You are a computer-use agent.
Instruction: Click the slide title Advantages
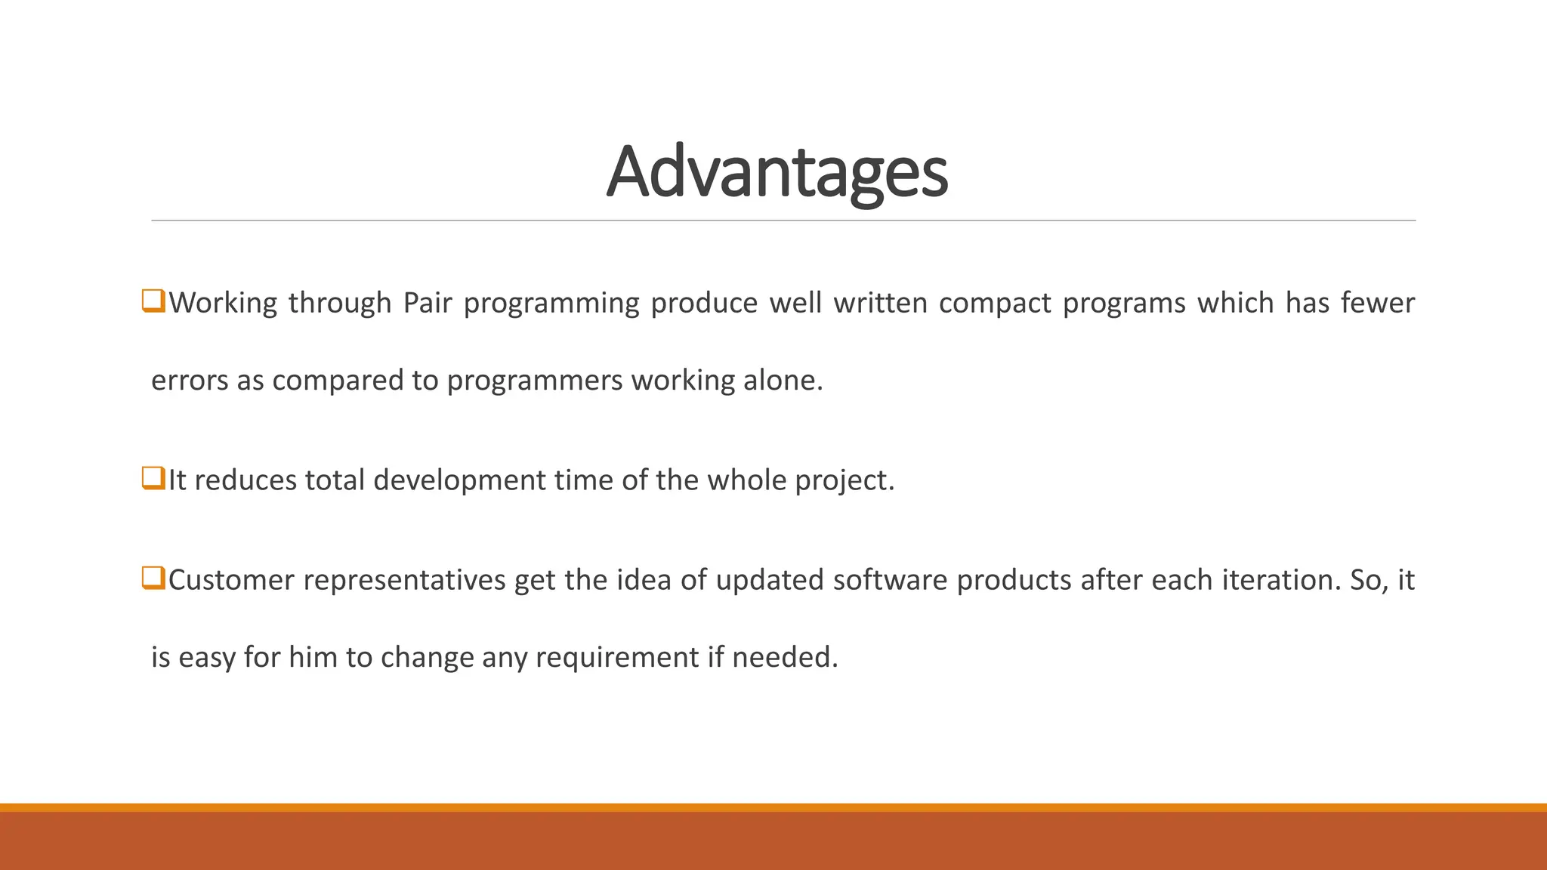coord(777,172)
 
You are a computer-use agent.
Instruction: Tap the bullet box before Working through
coord(153,301)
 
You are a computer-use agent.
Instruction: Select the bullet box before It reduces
coord(153,478)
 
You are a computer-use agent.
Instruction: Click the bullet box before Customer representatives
coord(153,578)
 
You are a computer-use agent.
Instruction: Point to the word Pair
coord(427,303)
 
